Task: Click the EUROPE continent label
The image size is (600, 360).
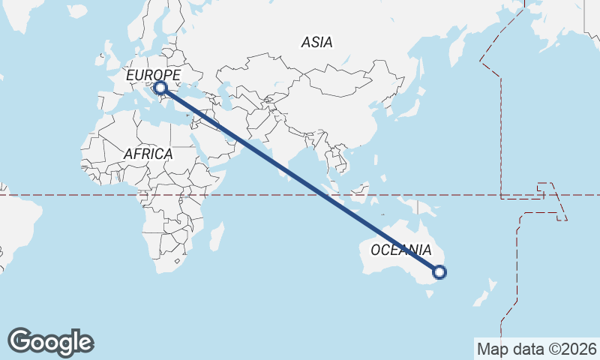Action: point(153,76)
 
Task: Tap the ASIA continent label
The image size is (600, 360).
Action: point(316,43)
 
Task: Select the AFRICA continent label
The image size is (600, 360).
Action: point(148,154)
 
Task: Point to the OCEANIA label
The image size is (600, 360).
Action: point(401,250)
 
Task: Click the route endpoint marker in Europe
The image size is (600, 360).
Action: point(160,88)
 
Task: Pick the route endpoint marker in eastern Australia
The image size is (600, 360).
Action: point(439,272)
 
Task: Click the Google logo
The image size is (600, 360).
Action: point(50,342)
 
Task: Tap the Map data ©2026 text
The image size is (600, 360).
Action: point(536,349)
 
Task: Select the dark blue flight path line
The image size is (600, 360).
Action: point(300,180)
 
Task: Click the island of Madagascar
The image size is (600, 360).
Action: point(216,237)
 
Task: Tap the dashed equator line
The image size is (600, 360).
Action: point(75,195)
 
